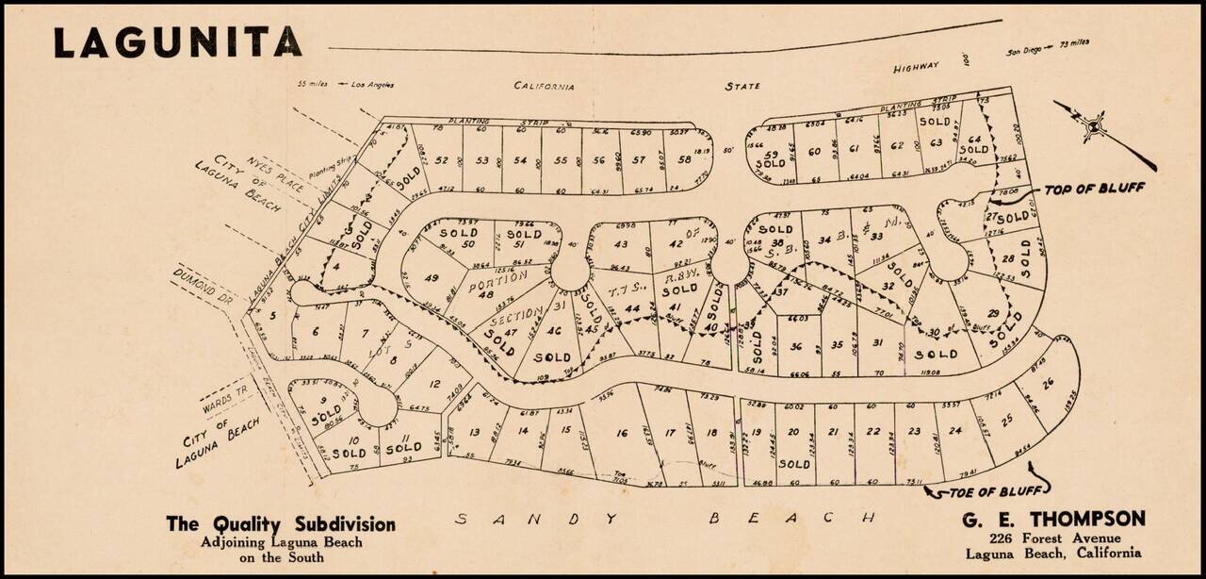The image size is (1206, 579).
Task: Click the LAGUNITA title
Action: (x=178, y=42)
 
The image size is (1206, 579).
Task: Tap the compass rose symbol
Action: (x=1093, y=124)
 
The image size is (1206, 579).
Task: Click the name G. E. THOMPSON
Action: (x=1052, y=519)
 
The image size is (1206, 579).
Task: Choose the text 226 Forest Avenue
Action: (x=1052, y=538)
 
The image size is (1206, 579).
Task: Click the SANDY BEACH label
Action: (x=665, y=518)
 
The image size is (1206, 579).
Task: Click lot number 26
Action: (x=1047, y=381)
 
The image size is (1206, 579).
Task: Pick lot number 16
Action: (x=621, y=433)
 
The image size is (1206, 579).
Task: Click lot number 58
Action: (x=684, y=159)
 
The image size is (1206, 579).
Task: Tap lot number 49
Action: (x=432, y=278)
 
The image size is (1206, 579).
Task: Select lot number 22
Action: (x=873, y=432)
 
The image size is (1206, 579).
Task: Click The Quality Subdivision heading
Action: (x=281, y=524)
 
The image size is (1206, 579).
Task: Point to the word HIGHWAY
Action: (x=916, y=67)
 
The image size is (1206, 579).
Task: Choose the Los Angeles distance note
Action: (x=346, y=85)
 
